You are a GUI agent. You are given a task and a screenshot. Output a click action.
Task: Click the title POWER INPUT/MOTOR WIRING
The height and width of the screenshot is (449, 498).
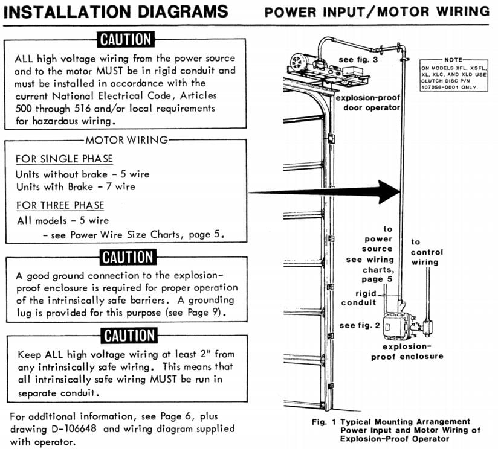[377, 12]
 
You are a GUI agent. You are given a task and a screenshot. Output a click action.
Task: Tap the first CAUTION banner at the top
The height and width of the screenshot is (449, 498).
[125, 40]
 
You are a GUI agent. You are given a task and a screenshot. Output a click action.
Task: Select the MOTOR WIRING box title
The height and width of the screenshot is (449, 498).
[125, 141]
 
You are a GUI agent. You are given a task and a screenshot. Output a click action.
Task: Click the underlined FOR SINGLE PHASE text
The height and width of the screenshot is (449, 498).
[64, 159]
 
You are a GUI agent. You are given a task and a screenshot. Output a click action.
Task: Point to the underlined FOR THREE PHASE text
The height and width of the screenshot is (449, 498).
[60, 205]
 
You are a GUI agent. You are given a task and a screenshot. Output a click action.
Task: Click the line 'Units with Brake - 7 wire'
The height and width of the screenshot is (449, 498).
[76, 187]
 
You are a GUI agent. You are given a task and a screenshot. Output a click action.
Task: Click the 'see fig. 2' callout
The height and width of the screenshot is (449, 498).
[360, 325]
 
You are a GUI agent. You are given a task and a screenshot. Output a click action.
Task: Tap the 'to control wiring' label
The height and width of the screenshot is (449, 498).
[427, 252]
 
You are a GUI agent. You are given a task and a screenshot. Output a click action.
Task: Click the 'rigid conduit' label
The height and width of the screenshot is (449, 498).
[361, 299]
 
